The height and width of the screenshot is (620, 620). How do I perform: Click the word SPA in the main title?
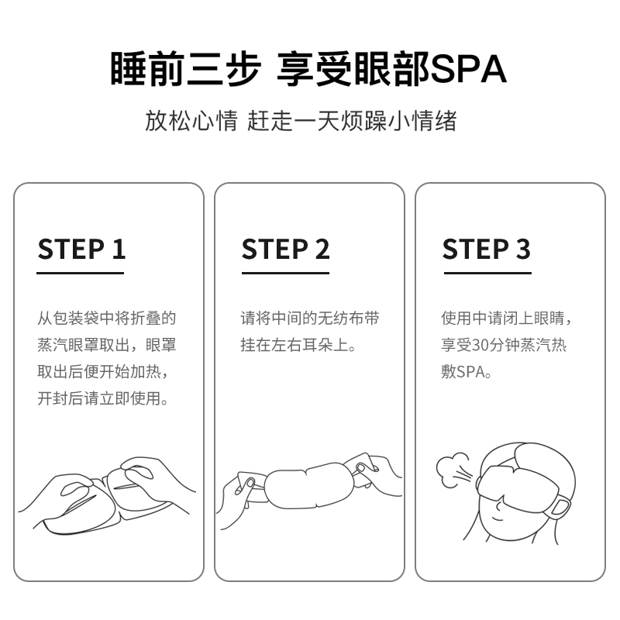[x=469, y=69]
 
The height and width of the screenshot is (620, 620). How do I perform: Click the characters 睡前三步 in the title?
[x=185, y=68]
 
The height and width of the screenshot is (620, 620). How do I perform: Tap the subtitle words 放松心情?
[x=191, y=121]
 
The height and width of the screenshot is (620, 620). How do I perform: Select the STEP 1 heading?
[x=81, y=249]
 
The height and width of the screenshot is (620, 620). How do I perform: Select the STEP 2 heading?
[x=285, y=249]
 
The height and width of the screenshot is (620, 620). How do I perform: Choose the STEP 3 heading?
[x=487, y=249]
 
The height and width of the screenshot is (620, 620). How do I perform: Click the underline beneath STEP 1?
[x=81, y=273]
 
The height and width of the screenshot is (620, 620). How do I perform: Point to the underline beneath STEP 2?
[x=285, y=273]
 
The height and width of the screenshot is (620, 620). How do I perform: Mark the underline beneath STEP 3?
[x=487, y=273]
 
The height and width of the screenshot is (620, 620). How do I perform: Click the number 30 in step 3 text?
[x=480, y=345]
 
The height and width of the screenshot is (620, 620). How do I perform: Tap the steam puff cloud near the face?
[x=451, y=470]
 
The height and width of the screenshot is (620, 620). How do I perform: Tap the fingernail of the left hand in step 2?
[x=250, y=483]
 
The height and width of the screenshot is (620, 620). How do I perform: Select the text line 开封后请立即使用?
[x=103, y=398]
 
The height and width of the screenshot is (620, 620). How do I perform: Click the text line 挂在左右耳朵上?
[x=298, y=345]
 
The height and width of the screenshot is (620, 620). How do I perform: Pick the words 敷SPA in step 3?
[x=467, y=372]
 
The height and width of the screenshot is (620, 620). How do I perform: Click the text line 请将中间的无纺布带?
[x=309, y=319]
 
